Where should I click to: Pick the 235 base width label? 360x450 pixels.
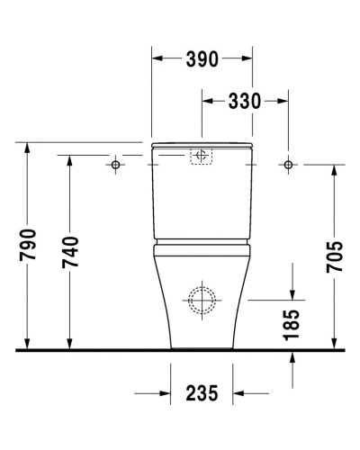click(x=202, y=394)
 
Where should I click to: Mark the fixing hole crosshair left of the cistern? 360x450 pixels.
click(x=116, y=165)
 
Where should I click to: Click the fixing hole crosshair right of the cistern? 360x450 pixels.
click(x=288, y=165)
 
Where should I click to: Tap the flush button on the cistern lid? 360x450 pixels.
click(x=202, y=157)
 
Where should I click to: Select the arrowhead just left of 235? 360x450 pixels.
click(x=165, y=394)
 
